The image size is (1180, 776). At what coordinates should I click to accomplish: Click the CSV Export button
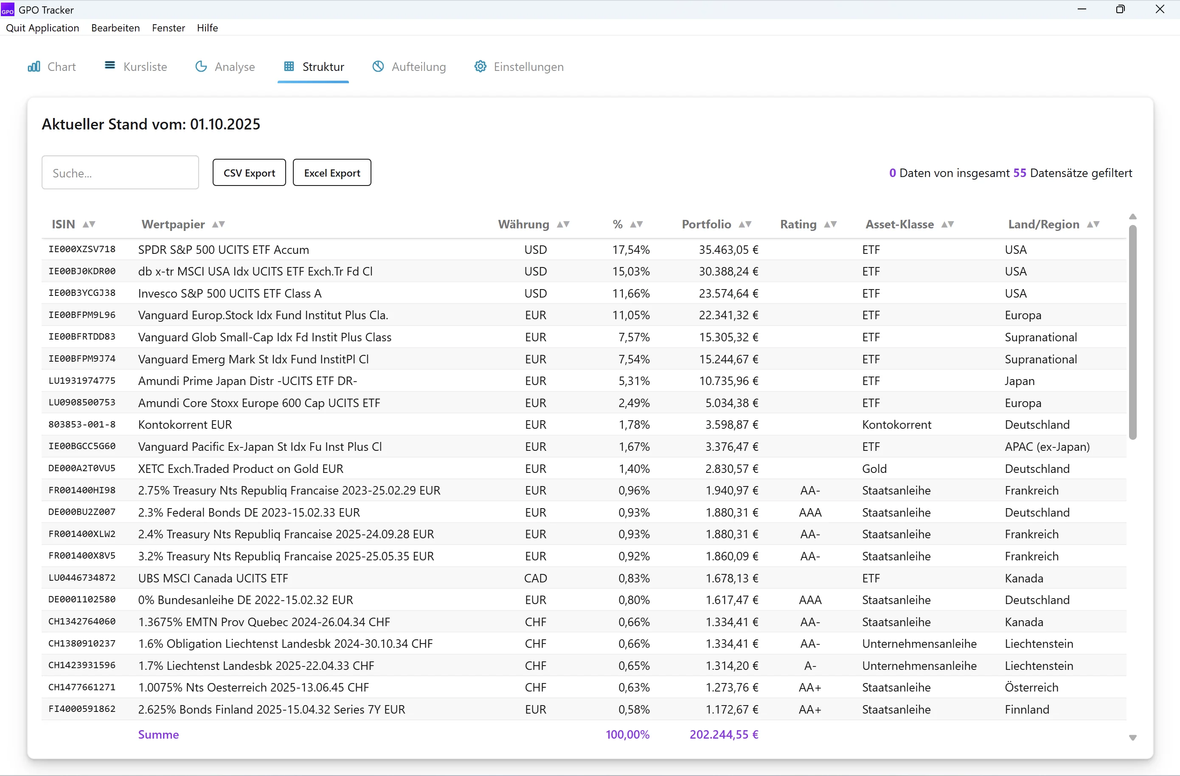point(249,172)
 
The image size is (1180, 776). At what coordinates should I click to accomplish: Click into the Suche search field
point(120,172)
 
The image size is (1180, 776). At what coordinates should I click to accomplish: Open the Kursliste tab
point(136,67)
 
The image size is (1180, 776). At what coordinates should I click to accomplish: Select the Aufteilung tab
point(409,67)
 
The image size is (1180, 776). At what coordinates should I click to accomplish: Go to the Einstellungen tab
point(519,67)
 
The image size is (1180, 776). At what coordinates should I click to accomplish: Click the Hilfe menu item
point(207,28)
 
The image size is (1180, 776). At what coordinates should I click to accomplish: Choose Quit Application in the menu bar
point(42,28)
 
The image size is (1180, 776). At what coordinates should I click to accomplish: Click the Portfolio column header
point(706,224)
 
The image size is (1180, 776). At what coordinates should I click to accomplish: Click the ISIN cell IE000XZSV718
point(82,250)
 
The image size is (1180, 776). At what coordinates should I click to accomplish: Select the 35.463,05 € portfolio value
point(728,250)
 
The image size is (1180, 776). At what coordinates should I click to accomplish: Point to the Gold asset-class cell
point(874,469)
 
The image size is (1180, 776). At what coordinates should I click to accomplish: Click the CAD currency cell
point(536,578)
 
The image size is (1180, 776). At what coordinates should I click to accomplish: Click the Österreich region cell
point(1031,687)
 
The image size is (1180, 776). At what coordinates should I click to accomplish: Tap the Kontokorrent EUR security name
point(185,425)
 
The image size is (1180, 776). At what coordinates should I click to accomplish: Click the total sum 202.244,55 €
point(724,734)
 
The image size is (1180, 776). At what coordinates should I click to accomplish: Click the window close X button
point(1160,9)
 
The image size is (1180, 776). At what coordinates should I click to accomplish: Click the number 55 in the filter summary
point(1020,172)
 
